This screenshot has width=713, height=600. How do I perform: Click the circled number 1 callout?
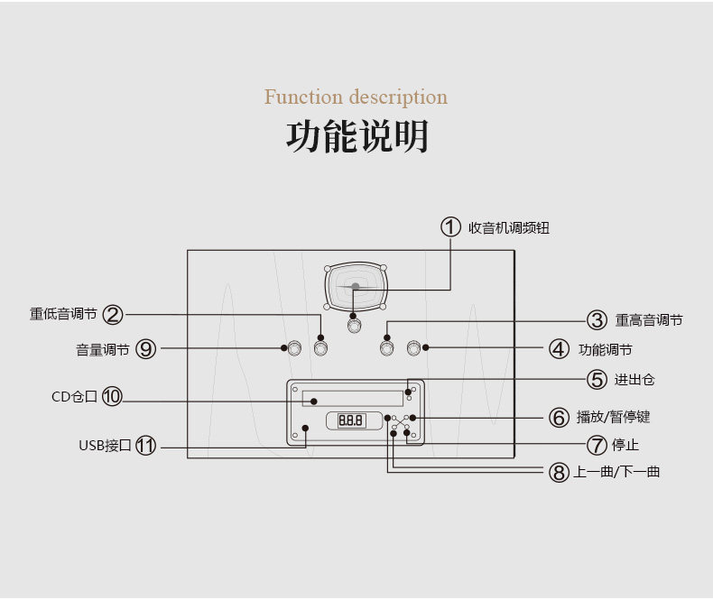(450, 226)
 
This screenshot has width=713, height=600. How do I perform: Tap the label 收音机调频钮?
(509, 227)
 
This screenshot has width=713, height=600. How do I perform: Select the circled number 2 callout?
(113, 315)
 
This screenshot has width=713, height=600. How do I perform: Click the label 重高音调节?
(649, 320)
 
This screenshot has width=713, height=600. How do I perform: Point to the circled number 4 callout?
(559, 349)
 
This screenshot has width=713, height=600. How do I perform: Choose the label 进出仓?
(634, 380)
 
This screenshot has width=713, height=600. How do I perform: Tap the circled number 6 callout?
(559, 417)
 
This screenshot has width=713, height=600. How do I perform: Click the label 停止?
(625, 445)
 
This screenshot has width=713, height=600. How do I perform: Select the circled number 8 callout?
(559, 472)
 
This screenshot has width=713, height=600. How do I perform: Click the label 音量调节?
(103, 349)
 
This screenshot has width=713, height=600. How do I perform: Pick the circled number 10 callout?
(112, 396)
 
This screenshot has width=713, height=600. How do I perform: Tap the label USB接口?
(105, 446)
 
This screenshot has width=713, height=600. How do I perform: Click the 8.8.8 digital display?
(350, 420)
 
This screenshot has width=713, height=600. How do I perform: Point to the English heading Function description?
(356, 97)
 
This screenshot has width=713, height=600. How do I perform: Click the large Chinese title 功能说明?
(357, 136)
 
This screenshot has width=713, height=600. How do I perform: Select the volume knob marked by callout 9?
(295, 348)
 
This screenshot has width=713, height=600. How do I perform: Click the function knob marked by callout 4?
(413, 348)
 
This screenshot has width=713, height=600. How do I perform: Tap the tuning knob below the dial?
(354, 325)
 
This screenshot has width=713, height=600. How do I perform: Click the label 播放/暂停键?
(613, 417)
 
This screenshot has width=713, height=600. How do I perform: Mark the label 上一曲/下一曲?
(616, 472)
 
